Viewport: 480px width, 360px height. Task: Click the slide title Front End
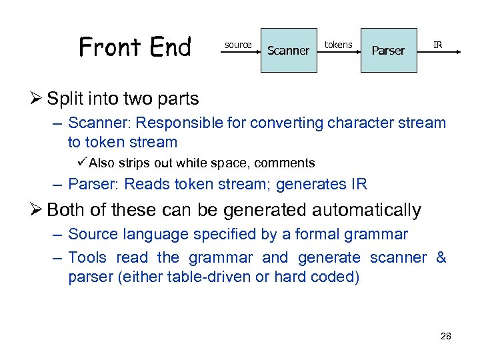coord(135,47)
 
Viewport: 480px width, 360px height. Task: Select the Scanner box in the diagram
coord(288,50)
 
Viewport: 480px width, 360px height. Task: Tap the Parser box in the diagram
coord(388,50)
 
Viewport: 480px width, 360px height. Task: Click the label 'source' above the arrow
coord(238,45)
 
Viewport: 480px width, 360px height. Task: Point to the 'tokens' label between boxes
coord(338,45)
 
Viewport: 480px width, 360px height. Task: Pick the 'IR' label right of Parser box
coord(437,45)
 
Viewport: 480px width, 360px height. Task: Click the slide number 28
coord(445,336)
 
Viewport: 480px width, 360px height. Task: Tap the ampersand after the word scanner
coord(441,257)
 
